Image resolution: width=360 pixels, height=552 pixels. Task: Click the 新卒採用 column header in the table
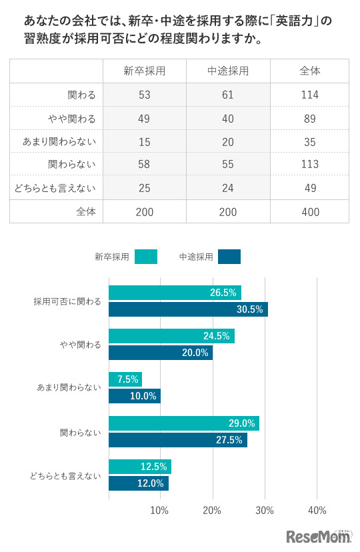pyautogui.click(x=145, y=71)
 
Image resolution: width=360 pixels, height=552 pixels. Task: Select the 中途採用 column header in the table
pyautogui.click(x=228, y=71)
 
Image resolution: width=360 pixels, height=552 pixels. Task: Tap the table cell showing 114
pyautogui.click(x=310, y=95)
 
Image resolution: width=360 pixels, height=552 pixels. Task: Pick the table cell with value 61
pyautogui.click(x=228, y=95)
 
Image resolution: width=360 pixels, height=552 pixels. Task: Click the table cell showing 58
pyautogui.click(x=145, y=164)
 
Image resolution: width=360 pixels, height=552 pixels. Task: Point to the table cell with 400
pyautogui.click(x=310, y=212)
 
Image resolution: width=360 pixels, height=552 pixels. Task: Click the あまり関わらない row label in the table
pyautogui.click(x=59, y=141)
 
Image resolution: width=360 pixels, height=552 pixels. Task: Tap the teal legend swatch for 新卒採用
pyautogui.click(x=145, y=257)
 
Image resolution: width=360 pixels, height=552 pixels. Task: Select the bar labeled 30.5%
pyautogui.click(x=188, y=309)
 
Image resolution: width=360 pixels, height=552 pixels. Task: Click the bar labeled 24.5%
pyautogui.click(x=171, y=336)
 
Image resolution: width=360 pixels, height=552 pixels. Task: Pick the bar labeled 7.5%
pyautogui.click(x=125, y=379)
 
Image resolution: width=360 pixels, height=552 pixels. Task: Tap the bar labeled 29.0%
pyautogui.click(x=184, y=423)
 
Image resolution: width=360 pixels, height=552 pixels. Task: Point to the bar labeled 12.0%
pyautogui.click(x=139, y=483)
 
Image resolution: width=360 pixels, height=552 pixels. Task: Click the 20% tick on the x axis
pyautogui.click(x=213, y=511)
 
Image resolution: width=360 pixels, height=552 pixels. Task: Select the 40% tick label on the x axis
pyautogui.click(x=317, y=511)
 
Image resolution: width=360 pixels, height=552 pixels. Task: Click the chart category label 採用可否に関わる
pyautogui.click(x=67, y=301)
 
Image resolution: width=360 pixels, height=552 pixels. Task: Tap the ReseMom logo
pyautogui.click(x=319, y=536)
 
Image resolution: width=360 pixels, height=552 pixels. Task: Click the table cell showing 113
pyautogui.click(x=310, y=164)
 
